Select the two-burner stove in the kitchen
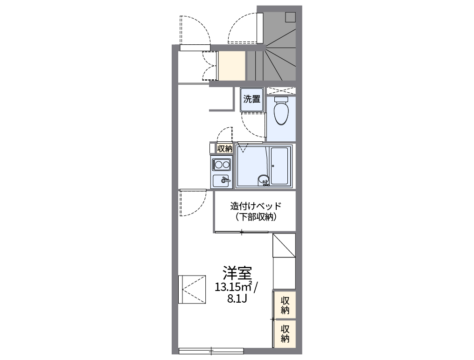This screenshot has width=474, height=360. tap(221, 164)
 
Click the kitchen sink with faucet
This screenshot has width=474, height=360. tap(221, 180)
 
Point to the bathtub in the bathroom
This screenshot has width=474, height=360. tap(280, 166)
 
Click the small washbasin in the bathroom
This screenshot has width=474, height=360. tap(264, 179)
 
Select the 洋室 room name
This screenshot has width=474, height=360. tap(237, 272)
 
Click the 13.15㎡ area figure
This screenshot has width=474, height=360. tap(233, 286)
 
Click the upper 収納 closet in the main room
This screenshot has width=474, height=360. tap(285, 305)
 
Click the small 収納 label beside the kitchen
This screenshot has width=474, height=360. tap(224, 148)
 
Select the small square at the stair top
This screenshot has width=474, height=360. tap(290, 17)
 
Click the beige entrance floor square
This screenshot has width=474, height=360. tap(232, 65)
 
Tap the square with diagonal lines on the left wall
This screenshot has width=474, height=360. tap(192, 289)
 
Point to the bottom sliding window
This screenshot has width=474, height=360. tap(211, 350)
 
